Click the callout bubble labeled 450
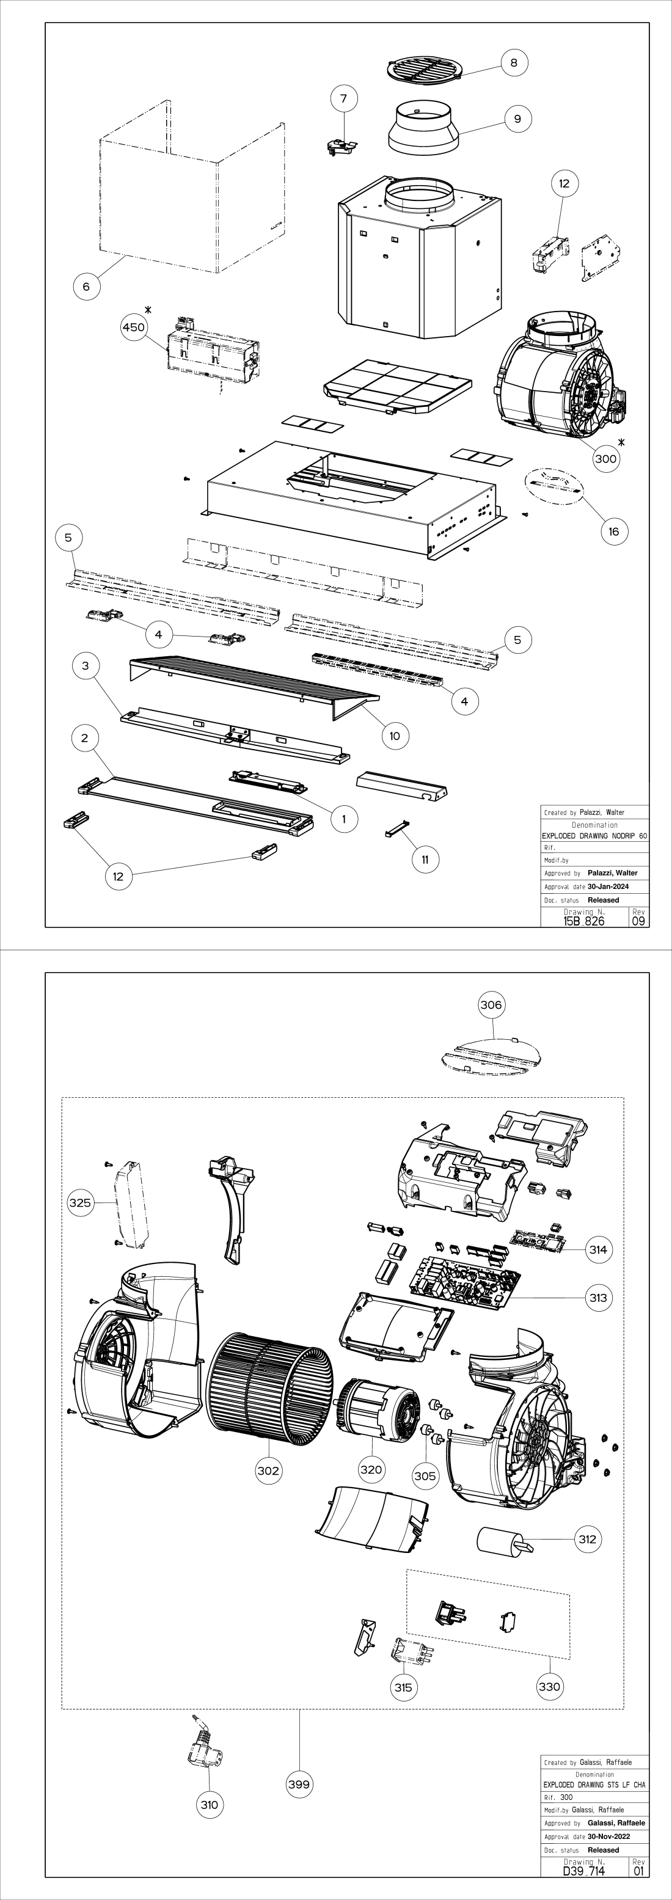coord(134,327)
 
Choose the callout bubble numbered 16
coord(614,531)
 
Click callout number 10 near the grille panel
coord(395,736)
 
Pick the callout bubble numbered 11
coord(425,860)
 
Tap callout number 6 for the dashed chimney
coord(86,286)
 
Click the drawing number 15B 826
coord(583,921)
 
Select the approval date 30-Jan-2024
coord(608,886)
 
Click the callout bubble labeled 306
coord(491,1004)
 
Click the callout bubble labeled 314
coord(598,1249)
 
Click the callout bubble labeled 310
coord(209,1805)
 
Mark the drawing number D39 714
coord(583,1871)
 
